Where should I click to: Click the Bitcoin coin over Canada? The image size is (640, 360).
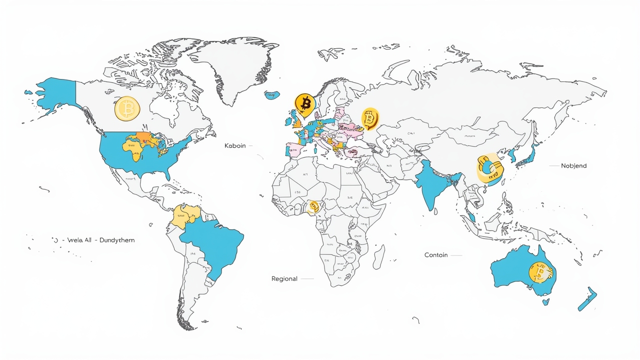point(127,108)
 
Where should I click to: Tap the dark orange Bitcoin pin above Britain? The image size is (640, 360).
point(304,103)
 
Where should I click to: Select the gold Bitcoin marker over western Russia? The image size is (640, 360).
point(369,119)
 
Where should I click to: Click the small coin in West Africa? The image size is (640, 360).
point(313,206)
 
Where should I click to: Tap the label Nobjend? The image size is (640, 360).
point(573,165)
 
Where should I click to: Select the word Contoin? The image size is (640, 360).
point(435,255)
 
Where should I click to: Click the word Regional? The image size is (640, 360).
point(284,278)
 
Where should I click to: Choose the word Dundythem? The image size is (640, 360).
point(117,240)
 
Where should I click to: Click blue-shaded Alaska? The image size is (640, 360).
point(55,95)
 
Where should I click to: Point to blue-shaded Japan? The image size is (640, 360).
point(529,152)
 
